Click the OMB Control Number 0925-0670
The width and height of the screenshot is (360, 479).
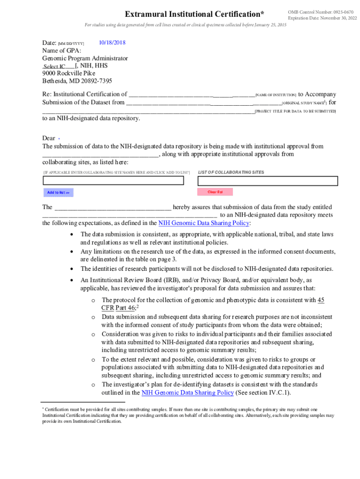320,12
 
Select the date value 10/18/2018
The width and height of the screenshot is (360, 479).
112,43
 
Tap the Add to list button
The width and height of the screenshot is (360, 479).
58,193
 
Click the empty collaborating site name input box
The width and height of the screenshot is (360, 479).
116,181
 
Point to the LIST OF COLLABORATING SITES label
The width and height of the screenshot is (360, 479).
231,173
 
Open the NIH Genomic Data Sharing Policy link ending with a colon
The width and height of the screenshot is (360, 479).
204,223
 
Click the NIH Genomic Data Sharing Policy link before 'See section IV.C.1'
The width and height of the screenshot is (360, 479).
187,392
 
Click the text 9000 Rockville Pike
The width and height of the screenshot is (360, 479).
69,73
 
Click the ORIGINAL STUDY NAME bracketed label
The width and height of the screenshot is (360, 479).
304,103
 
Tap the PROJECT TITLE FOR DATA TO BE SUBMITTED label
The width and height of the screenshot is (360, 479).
295,111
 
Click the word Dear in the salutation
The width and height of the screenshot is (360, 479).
49,138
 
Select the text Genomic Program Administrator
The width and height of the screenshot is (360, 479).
85,58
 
